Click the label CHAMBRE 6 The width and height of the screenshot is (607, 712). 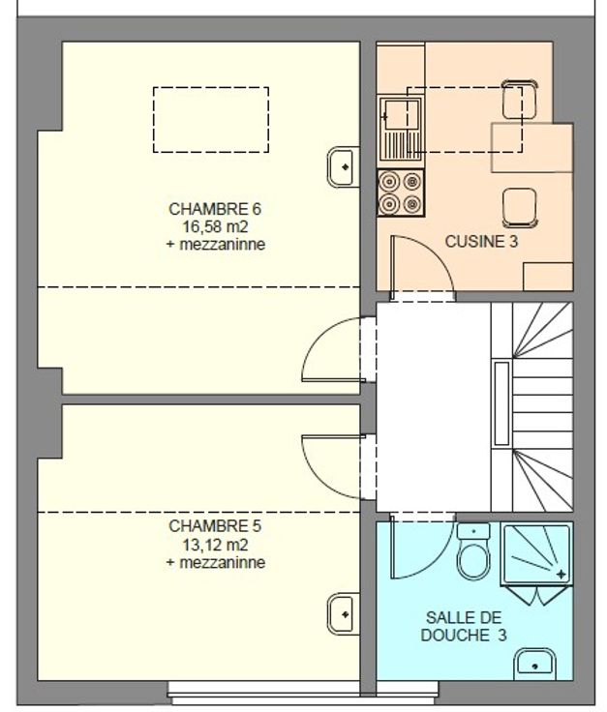215,209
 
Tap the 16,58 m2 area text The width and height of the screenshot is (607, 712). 215,226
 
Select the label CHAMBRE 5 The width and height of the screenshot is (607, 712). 215,526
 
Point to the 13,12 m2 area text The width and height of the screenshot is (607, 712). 215,544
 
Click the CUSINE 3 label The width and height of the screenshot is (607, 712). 481,242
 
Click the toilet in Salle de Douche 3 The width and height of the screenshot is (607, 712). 473,551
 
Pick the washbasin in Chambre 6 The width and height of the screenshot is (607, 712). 344,166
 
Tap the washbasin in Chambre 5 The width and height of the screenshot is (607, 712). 344,614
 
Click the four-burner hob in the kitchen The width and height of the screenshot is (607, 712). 400,193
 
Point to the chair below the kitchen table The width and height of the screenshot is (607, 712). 520,208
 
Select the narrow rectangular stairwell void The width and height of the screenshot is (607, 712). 501,403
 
